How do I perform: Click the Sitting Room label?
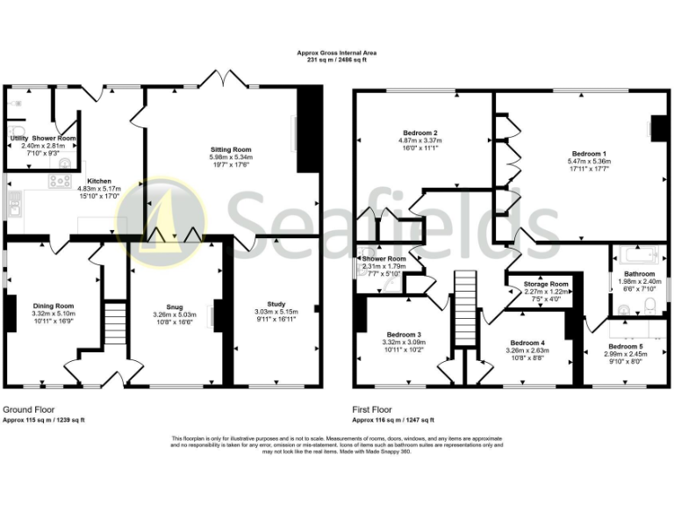[230, 150]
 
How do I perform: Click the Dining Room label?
[54, 306]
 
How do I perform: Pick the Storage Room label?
[547, 285]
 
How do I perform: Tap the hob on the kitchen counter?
[61, 182]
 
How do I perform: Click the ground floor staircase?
[111, 325]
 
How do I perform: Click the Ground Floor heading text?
[30, 410]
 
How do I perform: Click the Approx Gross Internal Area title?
[336, 53]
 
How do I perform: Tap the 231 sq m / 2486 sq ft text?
[336, 60]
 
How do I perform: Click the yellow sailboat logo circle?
[163, 218]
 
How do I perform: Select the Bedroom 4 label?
[527, 343]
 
